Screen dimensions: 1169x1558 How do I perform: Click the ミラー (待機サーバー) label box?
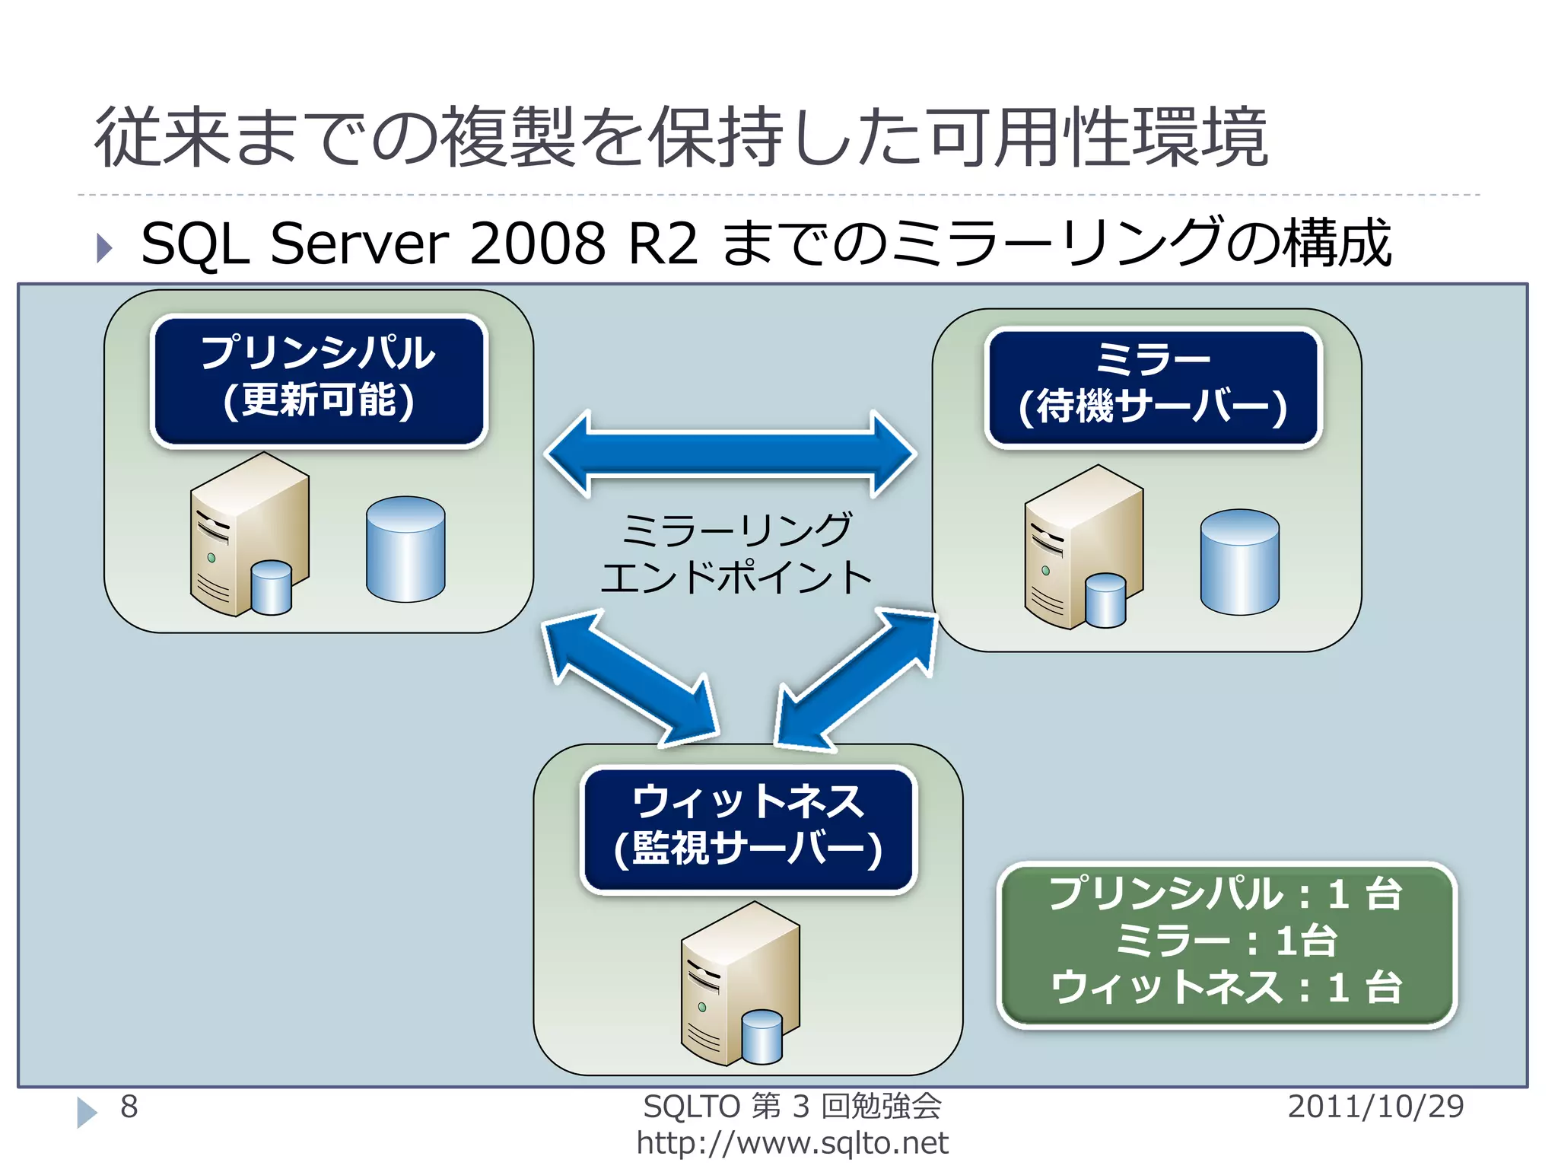pyautogui.click(x=1153, y=387)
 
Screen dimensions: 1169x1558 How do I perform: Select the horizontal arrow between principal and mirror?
pyautogui.click(x=730, y=454)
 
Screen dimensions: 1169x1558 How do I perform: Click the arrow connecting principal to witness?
pyautogui.click(x=631, y=677)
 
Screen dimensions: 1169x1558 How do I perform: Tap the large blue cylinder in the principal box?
pyautogui.click(x=405, y=549)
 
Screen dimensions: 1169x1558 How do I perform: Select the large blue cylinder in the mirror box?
pyautogui.click(x=1239, y=562)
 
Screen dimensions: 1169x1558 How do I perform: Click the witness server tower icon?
pyautogui.click(x=739, y=983)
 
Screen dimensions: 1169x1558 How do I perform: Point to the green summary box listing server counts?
pyautogui.click(x=1226, y=944)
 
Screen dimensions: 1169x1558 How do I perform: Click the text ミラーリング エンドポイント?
pyautogui.click(x=736, y=553)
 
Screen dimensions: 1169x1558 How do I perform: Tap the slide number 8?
pyautogui.click(x=129, y=1107)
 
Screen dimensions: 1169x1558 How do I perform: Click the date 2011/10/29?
pyautogui.click(x=1375, y=1107)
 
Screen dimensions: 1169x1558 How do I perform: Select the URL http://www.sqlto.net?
pyautogui.click(x=792, y=1143)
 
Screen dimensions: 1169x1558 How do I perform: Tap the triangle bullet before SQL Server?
pyautogui.click(x=104, y=247)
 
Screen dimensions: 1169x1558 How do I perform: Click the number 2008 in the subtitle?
pyautogui.click(x=537, y=244)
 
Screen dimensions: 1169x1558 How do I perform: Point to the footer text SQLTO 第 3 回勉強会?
pyautogui.click(x=792, y=1107)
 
